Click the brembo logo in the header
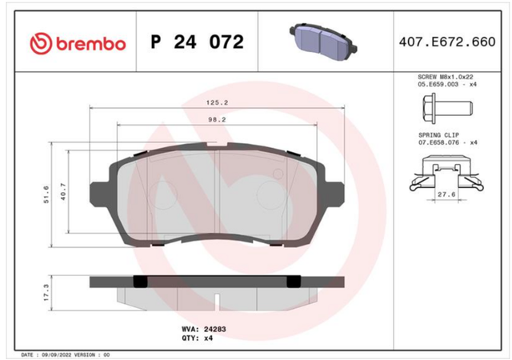pos(78,43)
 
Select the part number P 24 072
pos(198,42)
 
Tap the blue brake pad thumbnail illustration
pos(323,38)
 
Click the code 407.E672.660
pos(447,42)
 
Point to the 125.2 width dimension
pos(217,102)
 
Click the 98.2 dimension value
pos(217,119)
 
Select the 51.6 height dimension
pos(46,194)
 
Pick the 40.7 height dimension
pos(63,191)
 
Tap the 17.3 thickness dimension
pos(46,292)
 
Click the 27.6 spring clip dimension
pos(446,194)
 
